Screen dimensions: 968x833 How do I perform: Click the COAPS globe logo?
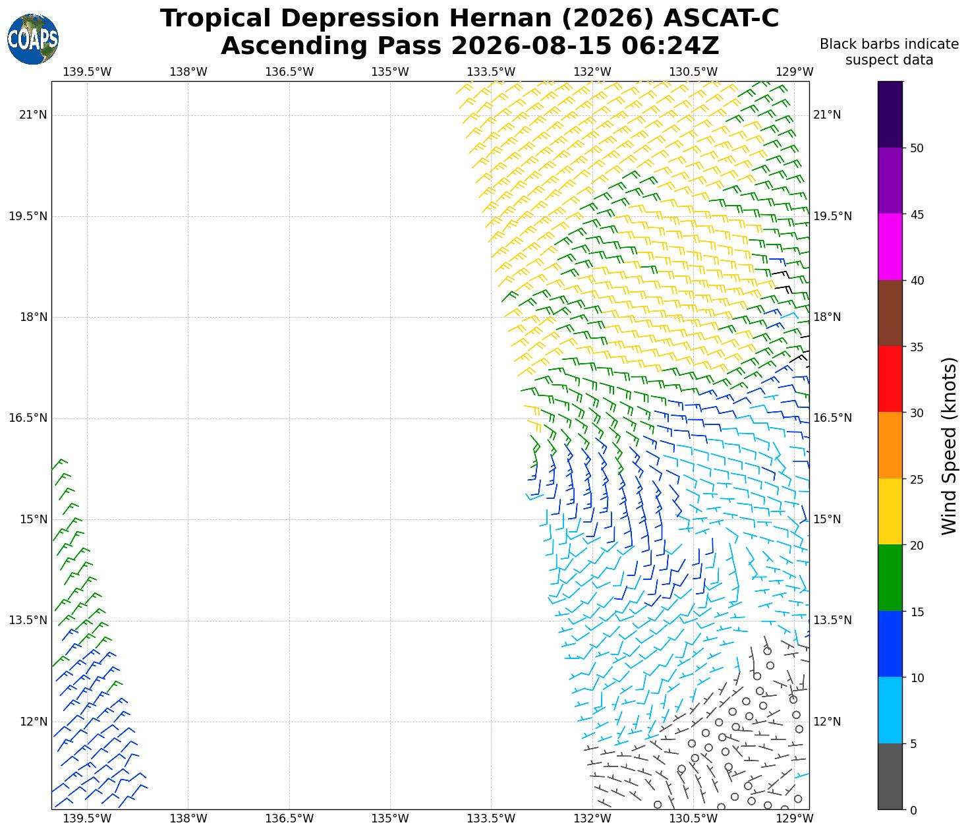click(33, 39)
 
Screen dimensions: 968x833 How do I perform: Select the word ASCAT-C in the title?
click(721, 18)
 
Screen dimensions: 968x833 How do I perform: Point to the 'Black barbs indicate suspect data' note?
click(888, 52)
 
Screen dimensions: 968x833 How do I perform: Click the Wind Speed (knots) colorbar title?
click(948, 446)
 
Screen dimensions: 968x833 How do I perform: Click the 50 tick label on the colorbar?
click(917, 148)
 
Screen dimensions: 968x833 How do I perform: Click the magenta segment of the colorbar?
click(890, 246)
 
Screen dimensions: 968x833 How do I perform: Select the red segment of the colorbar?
click(890, 380)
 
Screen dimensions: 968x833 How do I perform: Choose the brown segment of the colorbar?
click(890, 313)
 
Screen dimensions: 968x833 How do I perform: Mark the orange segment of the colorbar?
click(890, 445)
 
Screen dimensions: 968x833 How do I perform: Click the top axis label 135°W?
click(390, 72)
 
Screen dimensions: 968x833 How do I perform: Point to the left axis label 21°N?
click(33, 115)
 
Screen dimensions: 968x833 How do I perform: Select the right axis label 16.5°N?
click(832, 418)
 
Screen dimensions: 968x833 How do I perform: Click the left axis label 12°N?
click(33, 722)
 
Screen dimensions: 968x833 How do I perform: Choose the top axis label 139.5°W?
click(87, 72)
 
